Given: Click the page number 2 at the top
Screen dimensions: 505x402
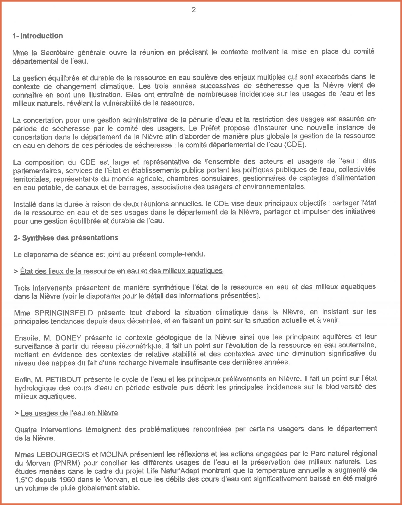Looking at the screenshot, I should tap(194, 10).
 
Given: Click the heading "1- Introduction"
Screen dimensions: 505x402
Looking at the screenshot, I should tap(38, 36).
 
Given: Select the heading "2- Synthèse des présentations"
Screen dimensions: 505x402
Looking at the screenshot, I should tap(66, 238).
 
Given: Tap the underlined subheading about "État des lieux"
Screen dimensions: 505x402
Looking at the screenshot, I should tap(121, 271).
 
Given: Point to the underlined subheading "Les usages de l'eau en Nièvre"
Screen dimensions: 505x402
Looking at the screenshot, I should tap(69, 413).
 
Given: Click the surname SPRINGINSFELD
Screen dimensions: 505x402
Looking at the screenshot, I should tap(64, 313).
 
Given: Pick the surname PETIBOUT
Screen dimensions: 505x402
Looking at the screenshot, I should tap(63, 380).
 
